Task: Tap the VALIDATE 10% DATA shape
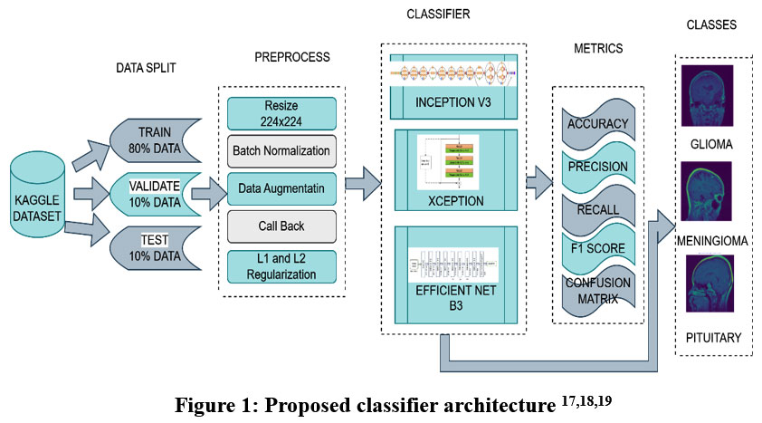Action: [x=154, y=193]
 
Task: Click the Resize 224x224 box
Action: [x=281, y=113]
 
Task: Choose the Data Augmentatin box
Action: [x=281, y=187]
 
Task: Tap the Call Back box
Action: [x=281, y=226]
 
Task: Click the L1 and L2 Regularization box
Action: [x=281, y=265]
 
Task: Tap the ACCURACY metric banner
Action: [x=597, y=123]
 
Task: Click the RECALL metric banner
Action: [x=597, y=210]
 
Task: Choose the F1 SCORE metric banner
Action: [x=597, y=246]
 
